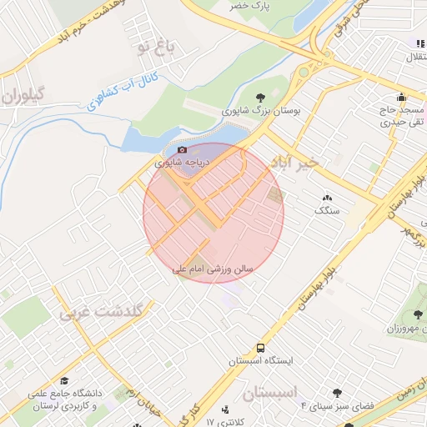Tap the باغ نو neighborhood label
(x=157, y=48)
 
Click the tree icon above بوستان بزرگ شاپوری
(x=262, y=98)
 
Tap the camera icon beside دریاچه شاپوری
(x=182, y=149)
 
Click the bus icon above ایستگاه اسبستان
(x=261, y=347)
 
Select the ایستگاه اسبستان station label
(x=259, y=361)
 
